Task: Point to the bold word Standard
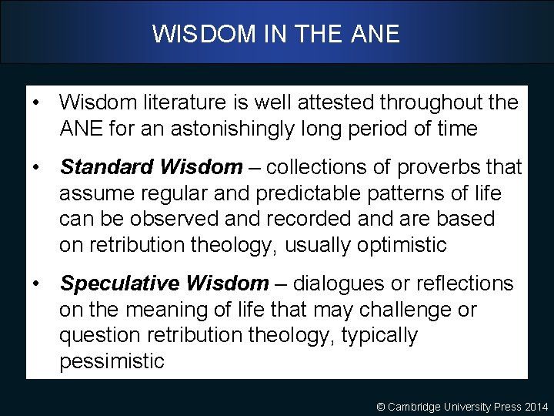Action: click(107, 166)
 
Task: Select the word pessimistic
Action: click(112, 362)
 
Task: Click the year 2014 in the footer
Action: click(536, 406)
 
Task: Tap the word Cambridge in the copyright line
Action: click(415, 406)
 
